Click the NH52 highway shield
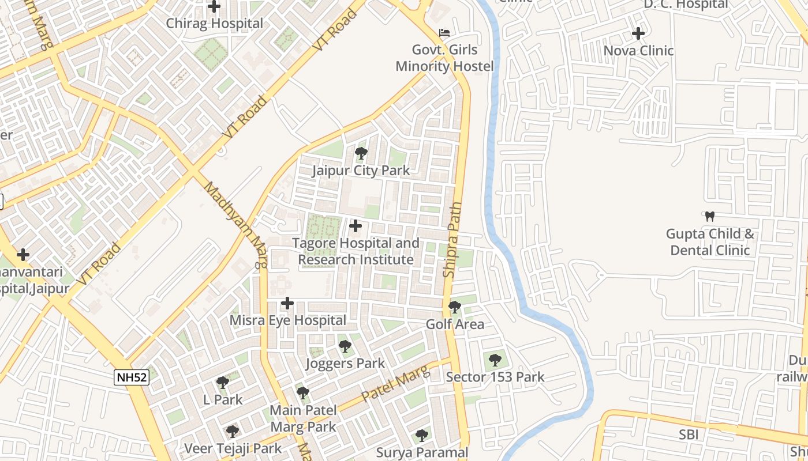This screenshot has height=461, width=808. pyautogui.click(x=132, y=377)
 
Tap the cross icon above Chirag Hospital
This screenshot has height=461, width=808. pyautogui.click(x=214, y=7)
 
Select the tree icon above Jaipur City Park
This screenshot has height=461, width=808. pyautogui.click(x=361, y=153)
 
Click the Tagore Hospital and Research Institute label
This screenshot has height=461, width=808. pyautogui.click(x=356, y=251)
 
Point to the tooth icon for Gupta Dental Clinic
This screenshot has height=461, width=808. pyautogui.click(x=710, y=217)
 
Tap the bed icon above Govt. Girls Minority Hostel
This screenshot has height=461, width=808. pyautogui.click(x=444, y=32)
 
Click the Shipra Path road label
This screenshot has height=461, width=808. pyautogui.click(x=454, y=239)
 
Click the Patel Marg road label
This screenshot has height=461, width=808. pyautogui.click(x=395, y=385)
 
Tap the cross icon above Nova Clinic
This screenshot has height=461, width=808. pyautogui.click(x=638, y=33)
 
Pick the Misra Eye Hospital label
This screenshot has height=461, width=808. pyautogui.click(x=288, y=320)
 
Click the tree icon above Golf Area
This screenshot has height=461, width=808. pyautogui.click(x=455, y=307)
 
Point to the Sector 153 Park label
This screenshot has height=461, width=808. pyautogui.click(x=495, y=377)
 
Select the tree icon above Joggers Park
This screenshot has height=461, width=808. pyautogui.click(x=345, y=346)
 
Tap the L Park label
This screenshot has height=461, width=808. pyautogui.click(x=223, y=399)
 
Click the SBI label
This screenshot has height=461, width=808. pyautogui.click(x=688, y=434)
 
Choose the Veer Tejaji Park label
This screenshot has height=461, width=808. pyautogui.click(x=233, y=448)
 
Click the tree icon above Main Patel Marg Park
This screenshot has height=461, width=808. pyautogui.click(x=303, y=393)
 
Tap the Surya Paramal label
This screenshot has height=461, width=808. pyautogui.click(x=422, y=452)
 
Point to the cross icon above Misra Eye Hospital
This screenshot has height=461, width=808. pyautogui.click(x=287, y=303)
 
